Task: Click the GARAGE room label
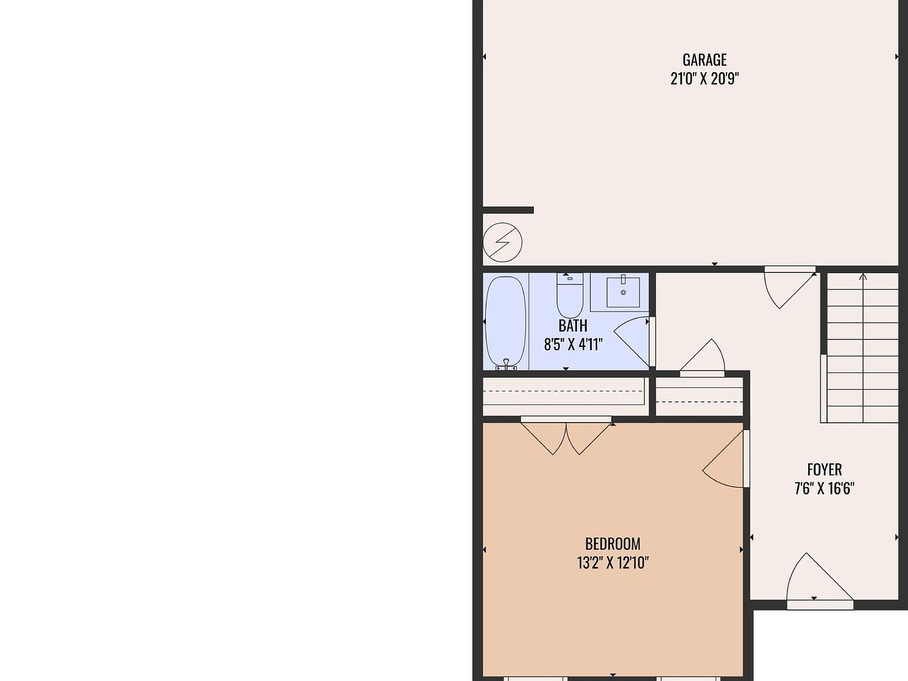(704, 60)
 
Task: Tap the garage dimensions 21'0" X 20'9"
(704, 79)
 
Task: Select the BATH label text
(573, 326)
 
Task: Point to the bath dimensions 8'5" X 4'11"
(573, 344)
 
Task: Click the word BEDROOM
(612, 544)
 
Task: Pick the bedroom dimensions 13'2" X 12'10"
(612, 563)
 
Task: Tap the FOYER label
(824, 470)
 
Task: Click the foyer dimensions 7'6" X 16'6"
(824, 488)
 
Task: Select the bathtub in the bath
(505, 323)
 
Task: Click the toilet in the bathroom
(570, 296)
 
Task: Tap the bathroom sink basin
(623, 292)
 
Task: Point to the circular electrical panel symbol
(502, 242)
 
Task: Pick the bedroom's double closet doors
(566, 437)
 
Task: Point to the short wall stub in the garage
(508, 210)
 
